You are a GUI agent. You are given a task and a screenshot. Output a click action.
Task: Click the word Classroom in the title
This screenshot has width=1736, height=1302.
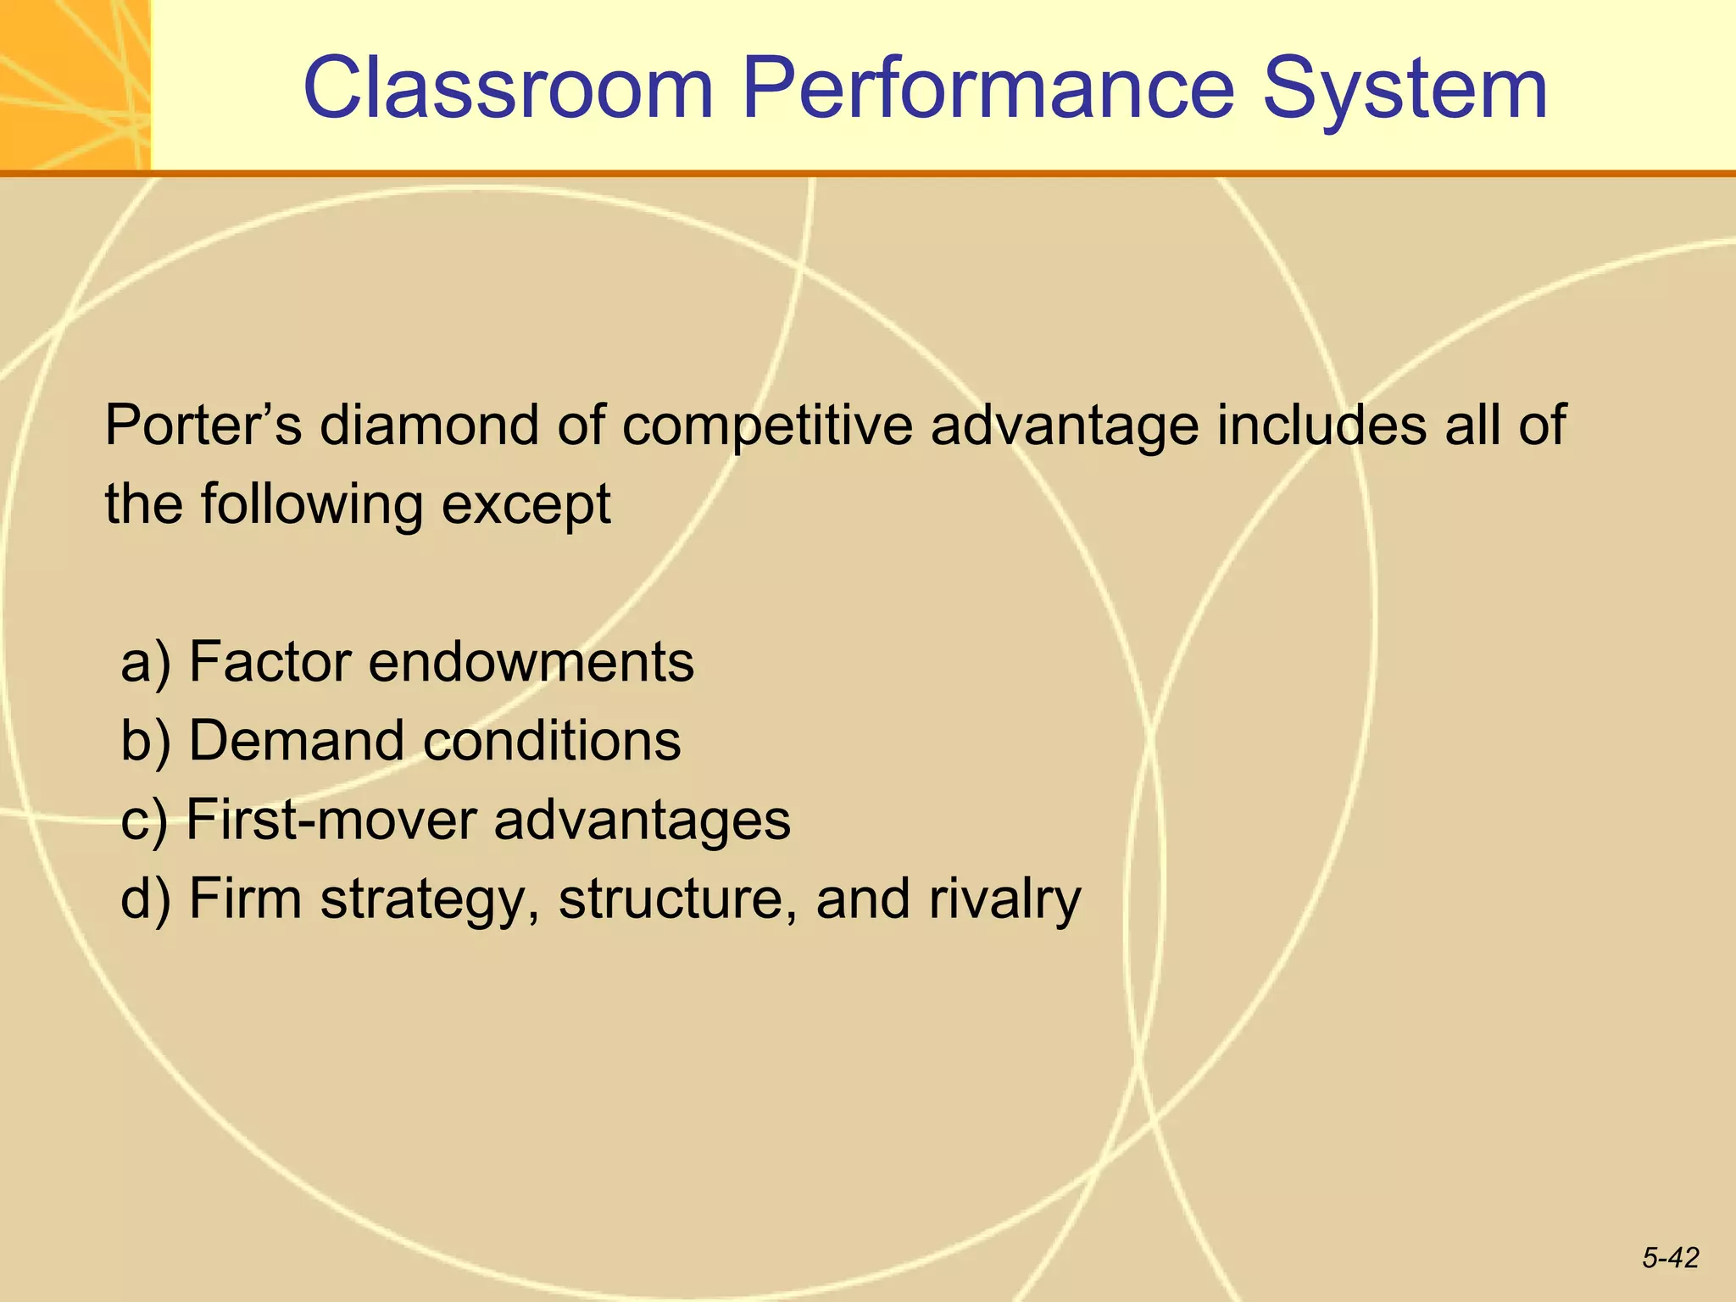509,88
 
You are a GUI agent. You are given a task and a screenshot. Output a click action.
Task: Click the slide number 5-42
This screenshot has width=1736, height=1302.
1670,1258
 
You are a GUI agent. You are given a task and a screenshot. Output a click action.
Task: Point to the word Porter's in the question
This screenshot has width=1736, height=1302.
203,426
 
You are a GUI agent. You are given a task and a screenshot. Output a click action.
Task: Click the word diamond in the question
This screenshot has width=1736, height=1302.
428,426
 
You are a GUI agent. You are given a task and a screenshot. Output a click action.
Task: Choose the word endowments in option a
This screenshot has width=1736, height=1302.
531,663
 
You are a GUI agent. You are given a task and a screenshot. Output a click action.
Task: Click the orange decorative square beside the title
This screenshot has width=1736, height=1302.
75,85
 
